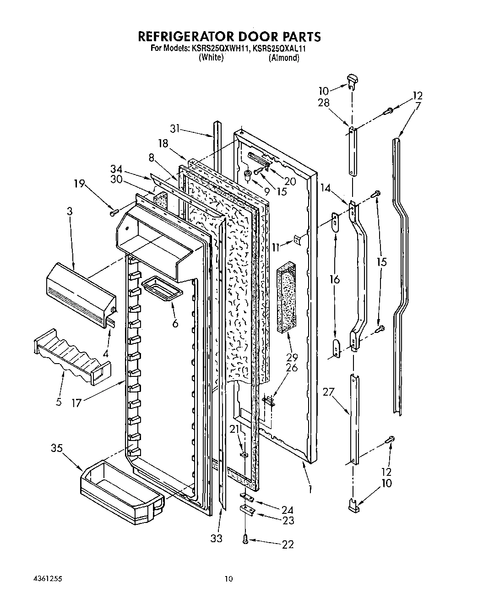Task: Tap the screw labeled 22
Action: pyautogui.click(x=246, y=540)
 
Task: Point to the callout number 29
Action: pyautogui.click(x=292, y=358)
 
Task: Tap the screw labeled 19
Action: pyautogui.click(x=114, y=212)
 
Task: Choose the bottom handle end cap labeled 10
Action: pyautogui.click(x=353, y=504)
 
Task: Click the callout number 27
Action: pyautogui.click(x=328, y=392)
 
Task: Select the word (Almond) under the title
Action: pyautogui.click(x=284, y=58)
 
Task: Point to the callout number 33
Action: pyautogui.click(x=216, y=539)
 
